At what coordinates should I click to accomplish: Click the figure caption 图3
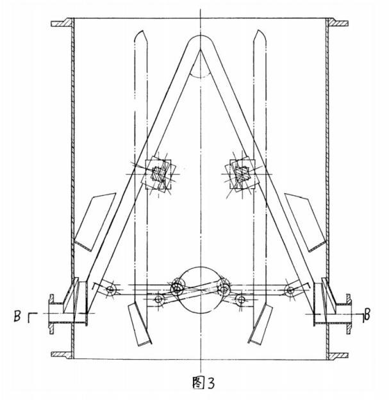[204, 382]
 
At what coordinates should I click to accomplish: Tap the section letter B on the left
[17, 317]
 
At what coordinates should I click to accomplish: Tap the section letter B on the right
[367, 314]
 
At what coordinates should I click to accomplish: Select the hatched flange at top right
[338, 22]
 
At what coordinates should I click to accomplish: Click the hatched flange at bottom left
[62, 355]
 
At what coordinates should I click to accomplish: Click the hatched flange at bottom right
[337, 356]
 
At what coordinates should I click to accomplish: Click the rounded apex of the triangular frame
[201, 36]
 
